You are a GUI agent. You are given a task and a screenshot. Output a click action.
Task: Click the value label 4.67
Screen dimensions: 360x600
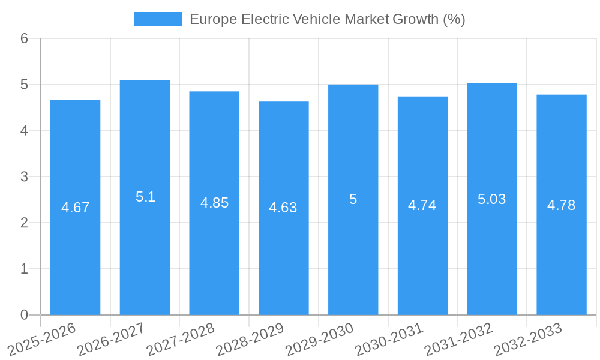pyautogui.click(x=75, y=208)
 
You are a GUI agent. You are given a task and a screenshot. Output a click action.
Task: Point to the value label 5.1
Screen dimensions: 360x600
pyautogui.click(x=145, y=197)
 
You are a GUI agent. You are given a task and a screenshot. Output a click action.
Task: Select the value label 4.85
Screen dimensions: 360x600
pyautogui.click(x=214, y=203)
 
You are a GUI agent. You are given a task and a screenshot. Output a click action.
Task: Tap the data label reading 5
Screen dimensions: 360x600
pyautogui.click(x=353, y=199)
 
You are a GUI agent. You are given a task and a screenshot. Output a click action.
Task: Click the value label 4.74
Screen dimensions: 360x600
pyautogui.click(x=422, y=205)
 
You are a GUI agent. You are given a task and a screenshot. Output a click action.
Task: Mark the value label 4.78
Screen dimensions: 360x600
pyautogui.click(x=561, y=205)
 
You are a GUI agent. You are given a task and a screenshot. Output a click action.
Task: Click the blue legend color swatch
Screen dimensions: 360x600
pyautogui.click(x=158, y=19)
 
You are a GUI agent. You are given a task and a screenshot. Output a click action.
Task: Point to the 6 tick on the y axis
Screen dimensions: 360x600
pyautogui.click(x=24, y=38)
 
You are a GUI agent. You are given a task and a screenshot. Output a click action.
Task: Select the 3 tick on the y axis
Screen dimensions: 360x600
pyautogui.click(x=24, y=177)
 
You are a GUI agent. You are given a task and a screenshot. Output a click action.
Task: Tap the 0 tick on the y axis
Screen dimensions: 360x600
pyautogui.click(x=24, y=315)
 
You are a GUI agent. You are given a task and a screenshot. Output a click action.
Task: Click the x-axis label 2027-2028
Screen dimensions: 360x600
pyautogui.click(x=180, y=340)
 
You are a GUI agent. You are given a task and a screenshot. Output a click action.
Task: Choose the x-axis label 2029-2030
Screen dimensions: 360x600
pyautogui.click(x=319, y=340)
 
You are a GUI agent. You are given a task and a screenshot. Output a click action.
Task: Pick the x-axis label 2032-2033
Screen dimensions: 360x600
pyautogui.click(x=527, y=340)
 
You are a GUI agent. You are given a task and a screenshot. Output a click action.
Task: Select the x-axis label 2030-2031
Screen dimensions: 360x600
pyautogui.click(x=389, y=340)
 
